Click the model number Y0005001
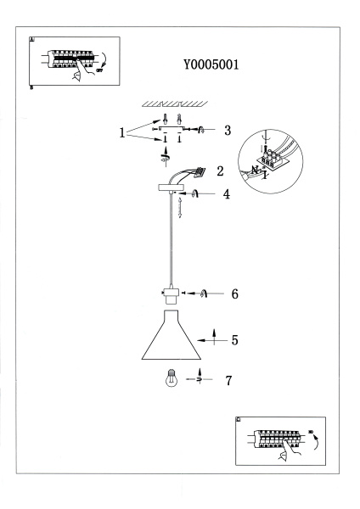[x=210, y=64]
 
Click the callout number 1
[x=123, y=132]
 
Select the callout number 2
[x=220, y=171]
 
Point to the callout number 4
[x=227, y=194]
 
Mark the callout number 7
[x=228, y=380]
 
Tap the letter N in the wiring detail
[x=256, y=168]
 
